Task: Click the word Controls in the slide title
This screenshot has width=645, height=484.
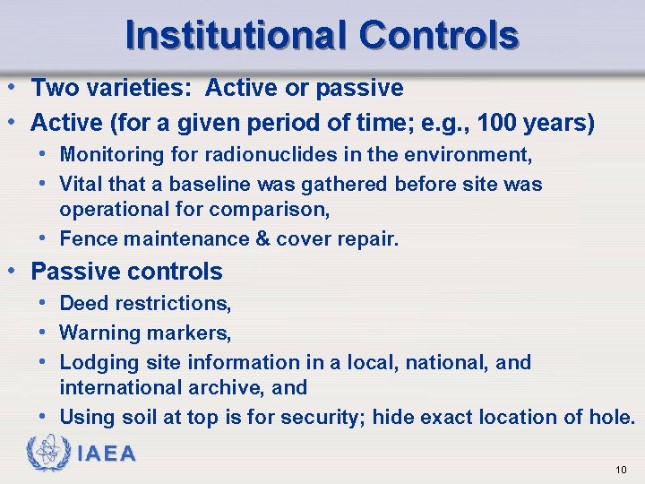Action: tap(438, 35)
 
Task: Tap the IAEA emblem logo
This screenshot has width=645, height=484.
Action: tap(47, 454)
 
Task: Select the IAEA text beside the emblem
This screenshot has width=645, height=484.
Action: tap(107, 454)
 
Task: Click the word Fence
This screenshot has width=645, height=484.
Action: tap(85, 238)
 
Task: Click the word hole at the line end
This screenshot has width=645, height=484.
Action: tap(611, 418)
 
